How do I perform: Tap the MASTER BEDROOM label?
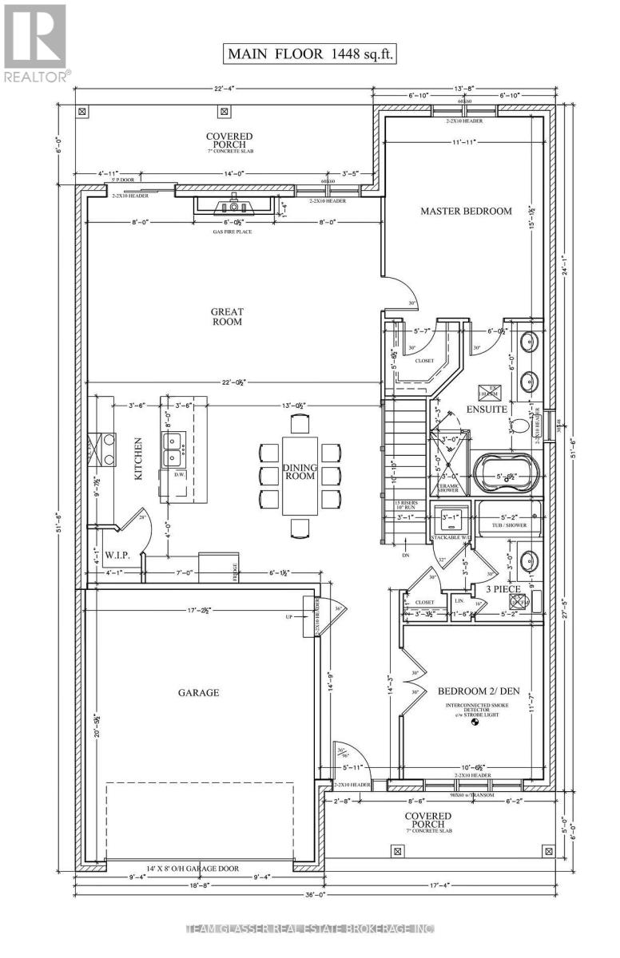coord(466,211)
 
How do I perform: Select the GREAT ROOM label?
coord(228,316)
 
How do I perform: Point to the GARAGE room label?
coord(198,692)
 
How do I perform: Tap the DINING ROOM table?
coord(300,475)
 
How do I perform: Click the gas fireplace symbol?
coord(234,205)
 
